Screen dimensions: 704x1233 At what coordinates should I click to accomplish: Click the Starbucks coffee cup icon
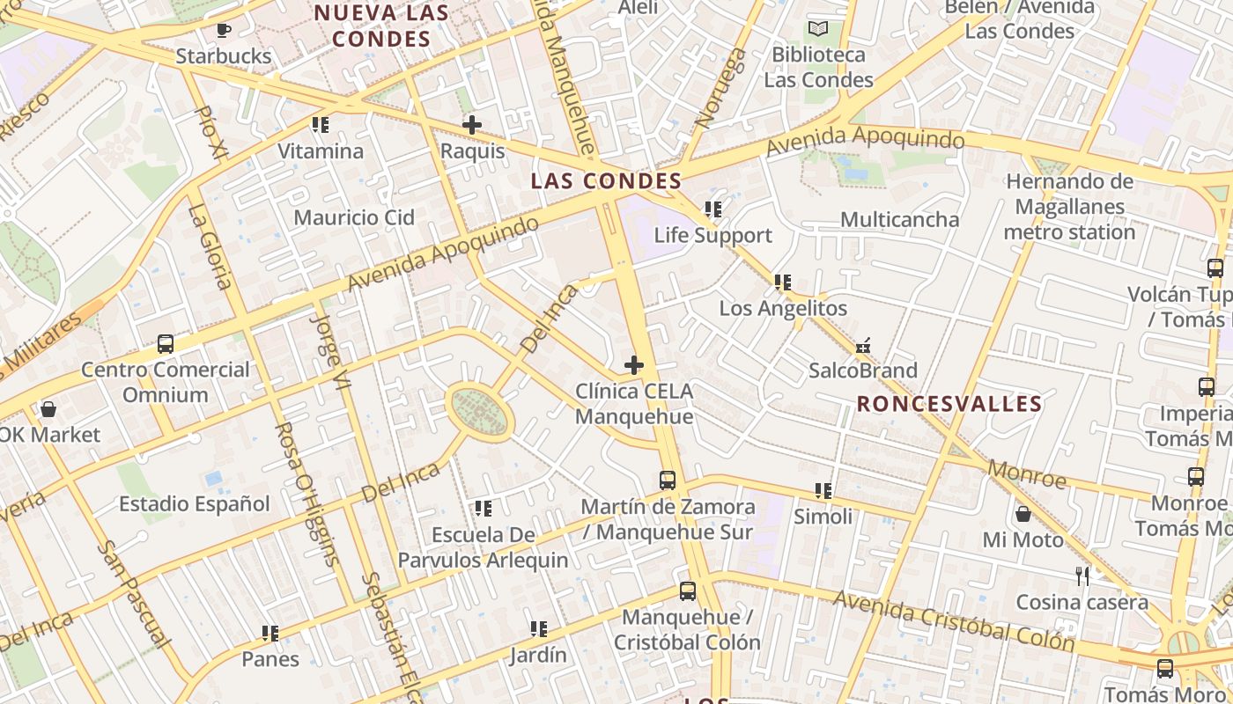pyautogui.click(x=224, y=31)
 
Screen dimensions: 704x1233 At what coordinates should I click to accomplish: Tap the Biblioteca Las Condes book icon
pyautogui.click(x=818, y=28)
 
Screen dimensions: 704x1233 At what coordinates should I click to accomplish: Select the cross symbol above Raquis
pyautogui.click(x=472, y=125)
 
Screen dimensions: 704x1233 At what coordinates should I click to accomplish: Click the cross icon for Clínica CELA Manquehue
pyautogui.click(x=633, y=365)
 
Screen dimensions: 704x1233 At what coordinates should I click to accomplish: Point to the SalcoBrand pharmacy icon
pyautogui.click(x=863, y=345)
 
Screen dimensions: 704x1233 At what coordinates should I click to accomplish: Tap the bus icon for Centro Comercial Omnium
pyautogui.click(x=165, y=344)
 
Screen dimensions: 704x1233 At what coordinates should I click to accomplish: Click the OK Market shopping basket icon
pyautogui.click(x=48, y=409)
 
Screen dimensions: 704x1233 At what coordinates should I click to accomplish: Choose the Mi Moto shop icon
pyautogui.click(x=1023, y=514)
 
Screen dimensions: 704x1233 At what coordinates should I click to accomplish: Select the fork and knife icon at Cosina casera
pyautogui.click(x=1082, y=576)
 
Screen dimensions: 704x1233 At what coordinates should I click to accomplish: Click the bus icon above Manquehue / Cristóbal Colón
pyautogui.click(x=687, y=591)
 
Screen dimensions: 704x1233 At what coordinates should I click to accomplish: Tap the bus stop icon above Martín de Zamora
pyautogui.click(x=668, y=480)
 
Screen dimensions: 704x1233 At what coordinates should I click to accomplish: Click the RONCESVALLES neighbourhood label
pyautogui.click(x=949, y=404)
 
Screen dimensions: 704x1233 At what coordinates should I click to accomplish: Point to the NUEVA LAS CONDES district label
pyautogui.click(x=381, y=26)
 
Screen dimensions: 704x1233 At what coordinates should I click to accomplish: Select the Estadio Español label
pyautogui.click(x=195, y=504)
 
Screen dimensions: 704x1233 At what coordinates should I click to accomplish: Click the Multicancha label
pyautogui.click(x=899, y=219)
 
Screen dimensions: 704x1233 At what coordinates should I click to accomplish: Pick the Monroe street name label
pyautogui.click(x=1026, y=474)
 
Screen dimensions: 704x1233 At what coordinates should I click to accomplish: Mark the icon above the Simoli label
pyautogui.click(x=823, y=491)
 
